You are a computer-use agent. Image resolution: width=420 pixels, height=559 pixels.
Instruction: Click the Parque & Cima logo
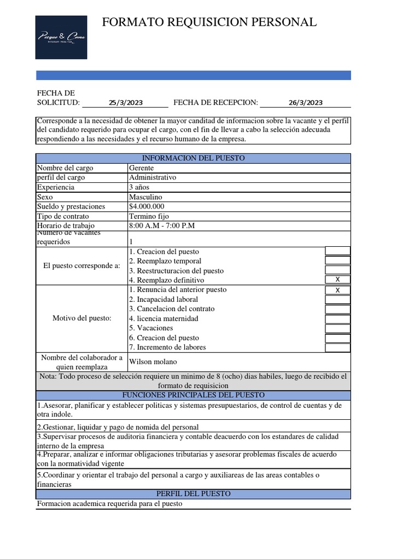[61, 37]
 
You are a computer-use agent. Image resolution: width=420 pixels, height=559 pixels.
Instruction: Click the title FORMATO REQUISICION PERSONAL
[209, 22]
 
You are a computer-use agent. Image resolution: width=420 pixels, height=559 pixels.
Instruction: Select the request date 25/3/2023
[126, 103]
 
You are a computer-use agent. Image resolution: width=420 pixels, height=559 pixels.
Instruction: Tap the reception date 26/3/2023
[306, 103]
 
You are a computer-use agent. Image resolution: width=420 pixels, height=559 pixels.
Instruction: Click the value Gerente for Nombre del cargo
[142, 168]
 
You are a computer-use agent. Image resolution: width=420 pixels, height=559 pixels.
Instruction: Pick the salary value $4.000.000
[147, 206]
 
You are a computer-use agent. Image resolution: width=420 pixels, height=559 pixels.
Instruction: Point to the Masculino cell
[145, 197]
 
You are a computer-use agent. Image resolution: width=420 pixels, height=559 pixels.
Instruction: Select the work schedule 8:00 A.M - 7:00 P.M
[162, 225]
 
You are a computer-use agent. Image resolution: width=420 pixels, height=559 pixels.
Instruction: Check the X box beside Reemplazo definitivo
[337, 280]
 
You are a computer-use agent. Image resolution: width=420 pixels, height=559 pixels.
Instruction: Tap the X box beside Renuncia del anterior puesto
[337, 290]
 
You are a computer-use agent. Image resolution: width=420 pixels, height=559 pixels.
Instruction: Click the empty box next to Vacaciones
[337, 329]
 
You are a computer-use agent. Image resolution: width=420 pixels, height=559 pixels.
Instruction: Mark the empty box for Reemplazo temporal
[337, 261]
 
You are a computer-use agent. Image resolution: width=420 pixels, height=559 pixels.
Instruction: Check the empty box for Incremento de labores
[337, 348]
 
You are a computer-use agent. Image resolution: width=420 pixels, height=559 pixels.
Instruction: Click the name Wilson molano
[153, 362]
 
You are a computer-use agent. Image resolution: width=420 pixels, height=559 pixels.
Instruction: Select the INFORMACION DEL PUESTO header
[194, 158]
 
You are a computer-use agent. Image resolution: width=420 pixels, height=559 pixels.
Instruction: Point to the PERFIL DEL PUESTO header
[194, 493]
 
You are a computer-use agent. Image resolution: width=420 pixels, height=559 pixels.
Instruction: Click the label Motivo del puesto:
[81, 318]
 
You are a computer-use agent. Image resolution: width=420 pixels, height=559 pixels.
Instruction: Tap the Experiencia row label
[56, 187]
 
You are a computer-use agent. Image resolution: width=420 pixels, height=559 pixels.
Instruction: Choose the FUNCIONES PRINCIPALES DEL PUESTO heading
[194, 395]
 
